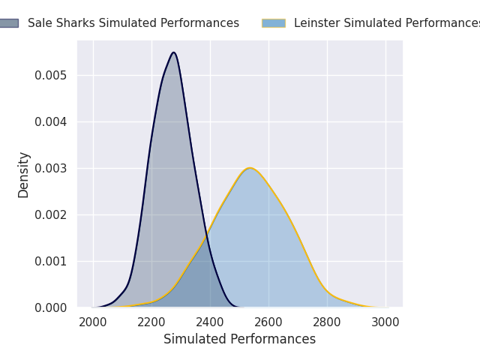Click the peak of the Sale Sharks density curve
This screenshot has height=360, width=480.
174,52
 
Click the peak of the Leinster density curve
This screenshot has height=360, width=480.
250,168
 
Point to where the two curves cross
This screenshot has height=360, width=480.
207,235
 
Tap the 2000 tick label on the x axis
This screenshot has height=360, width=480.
93,322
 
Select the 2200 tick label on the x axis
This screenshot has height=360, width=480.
151,322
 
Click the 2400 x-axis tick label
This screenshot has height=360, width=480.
210,322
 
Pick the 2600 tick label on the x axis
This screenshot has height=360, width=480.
268,322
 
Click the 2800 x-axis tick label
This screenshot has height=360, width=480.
327,322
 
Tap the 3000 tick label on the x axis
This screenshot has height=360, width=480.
385,322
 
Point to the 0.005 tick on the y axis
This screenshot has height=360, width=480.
50,75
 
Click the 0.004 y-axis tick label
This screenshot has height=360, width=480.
50,121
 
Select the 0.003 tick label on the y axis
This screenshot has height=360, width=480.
50,168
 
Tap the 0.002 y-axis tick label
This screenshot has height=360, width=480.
50,215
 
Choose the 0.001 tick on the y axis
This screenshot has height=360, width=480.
50,262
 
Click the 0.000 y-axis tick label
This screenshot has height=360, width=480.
50,308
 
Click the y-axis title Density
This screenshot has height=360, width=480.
23,175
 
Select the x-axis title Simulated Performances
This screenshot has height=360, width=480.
239,339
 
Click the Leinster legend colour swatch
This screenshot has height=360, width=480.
274,23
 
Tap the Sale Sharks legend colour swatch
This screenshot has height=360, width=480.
9,23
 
